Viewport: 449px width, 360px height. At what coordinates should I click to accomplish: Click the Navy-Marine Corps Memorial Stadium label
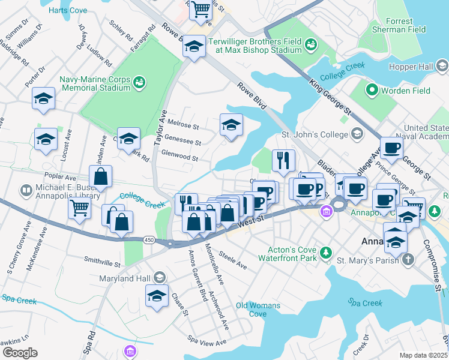(x=94, y=83)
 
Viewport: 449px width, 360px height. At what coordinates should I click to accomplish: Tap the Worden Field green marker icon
(x=372, y=91)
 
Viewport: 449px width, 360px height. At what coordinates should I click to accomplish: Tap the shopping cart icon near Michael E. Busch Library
(x=80, y=209)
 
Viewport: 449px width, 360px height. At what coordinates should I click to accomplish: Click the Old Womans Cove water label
(x=258, y=310)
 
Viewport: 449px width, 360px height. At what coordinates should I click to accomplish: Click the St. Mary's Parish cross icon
(x=408, y=260)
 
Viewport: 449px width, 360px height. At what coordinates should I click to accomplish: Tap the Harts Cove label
(x=67, y=11)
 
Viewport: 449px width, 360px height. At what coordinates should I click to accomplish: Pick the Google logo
(x=20, y=353)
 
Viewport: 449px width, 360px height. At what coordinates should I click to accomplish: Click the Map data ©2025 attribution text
(x=423, y=355)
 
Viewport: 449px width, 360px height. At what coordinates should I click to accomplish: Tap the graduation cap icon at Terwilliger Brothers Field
(x=194, y=46)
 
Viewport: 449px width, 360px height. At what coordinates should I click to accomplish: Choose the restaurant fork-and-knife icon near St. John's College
(x=283, y=160)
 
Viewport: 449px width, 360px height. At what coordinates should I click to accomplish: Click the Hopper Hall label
(x=411, y=67)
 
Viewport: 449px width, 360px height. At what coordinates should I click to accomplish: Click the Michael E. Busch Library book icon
(x=26, y=191)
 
